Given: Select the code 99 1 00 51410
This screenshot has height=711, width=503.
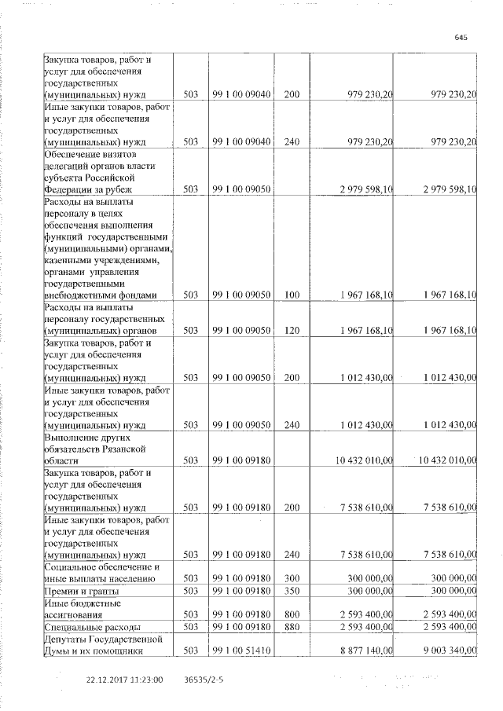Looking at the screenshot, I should point(241,650).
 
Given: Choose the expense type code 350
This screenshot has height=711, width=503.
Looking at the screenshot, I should point(292,590).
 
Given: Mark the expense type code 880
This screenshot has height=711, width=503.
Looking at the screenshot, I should point(292,627).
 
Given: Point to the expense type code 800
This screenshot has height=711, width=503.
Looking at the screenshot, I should point(292,615).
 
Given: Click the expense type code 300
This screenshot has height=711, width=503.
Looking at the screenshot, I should point(292,578).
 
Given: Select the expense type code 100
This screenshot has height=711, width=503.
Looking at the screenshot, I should point(292,295).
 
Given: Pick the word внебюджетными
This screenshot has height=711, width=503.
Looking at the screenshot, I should point(86,295).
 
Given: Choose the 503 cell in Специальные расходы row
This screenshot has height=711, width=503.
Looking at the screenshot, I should point(189,627).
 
